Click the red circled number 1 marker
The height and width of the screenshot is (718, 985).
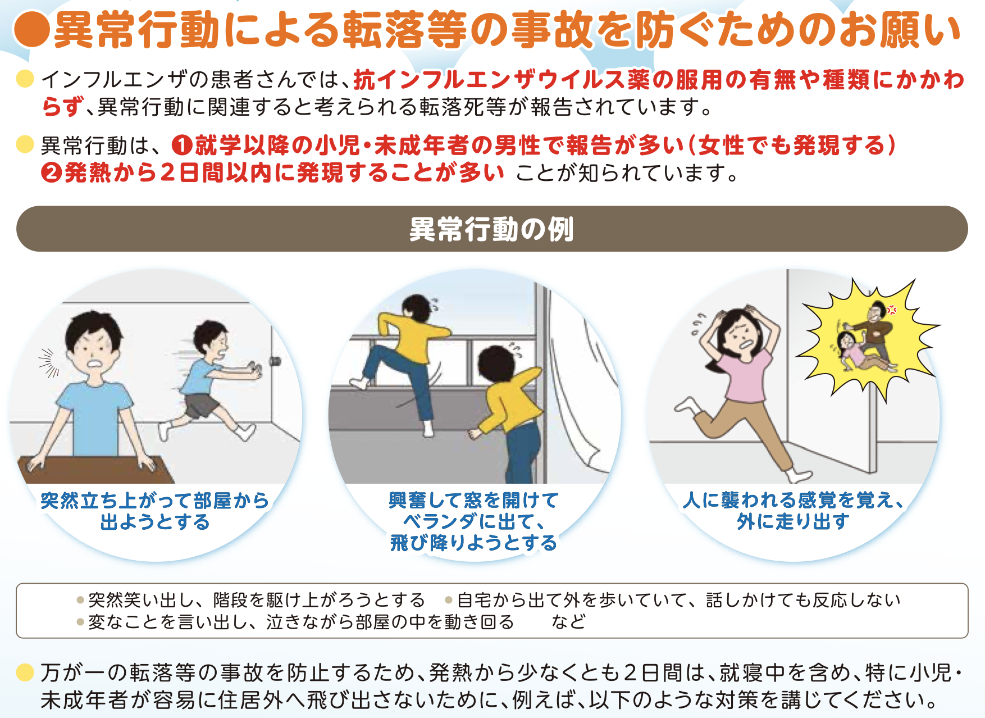coord(182,146)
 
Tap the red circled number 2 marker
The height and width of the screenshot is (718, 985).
coord(51,173)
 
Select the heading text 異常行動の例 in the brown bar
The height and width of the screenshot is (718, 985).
coord(491,229)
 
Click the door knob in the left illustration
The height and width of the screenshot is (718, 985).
coord(275,361)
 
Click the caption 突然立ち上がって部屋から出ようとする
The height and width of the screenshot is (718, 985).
coord(155,511)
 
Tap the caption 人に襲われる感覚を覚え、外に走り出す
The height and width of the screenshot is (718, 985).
coord(793,511)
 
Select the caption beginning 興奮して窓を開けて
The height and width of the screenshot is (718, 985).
coord(474,521)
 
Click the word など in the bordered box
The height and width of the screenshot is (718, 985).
coord(568,622)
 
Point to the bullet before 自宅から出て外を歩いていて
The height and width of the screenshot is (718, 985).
coord(449,601)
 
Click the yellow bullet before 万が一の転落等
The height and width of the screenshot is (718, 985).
coord(25,672)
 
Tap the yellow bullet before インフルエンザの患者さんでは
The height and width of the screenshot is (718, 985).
coord(25,79)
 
